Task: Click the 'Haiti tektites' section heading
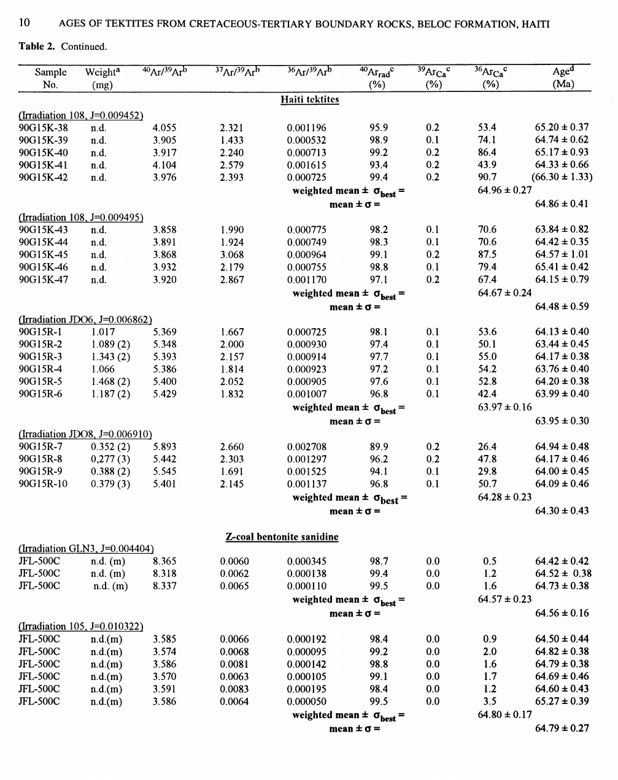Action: [x=309, y=99]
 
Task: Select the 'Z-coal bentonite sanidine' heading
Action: [x=282, y=537]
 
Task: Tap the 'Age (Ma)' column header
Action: [x=563, y=78]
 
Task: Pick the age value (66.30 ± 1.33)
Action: [x=562, y=177]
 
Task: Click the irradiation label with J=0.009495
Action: [x=81, y=217]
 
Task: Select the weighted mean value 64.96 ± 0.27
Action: [x=504, y=190]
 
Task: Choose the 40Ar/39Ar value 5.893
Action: [x=164, y=447]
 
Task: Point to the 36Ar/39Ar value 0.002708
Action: [x=307, y=447]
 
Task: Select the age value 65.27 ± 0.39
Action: [x=562, y=702]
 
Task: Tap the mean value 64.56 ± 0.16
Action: [x=562, y=613]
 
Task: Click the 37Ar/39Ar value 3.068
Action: [x=231, y=254]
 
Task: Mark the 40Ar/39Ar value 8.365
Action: [x=164, y=561]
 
